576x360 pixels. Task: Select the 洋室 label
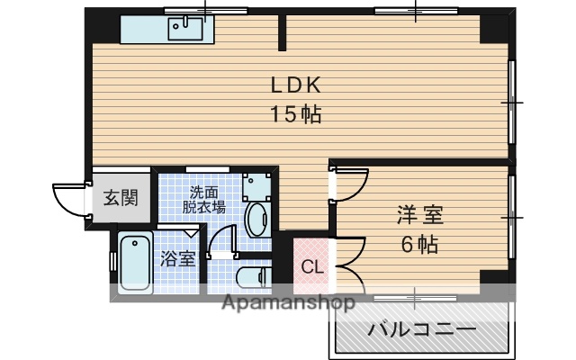(x=420, y=217)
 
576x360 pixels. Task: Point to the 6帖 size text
(x=419, y=244)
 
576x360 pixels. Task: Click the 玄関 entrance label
(x=119, y=199)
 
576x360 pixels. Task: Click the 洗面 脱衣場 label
(x=204, y=199)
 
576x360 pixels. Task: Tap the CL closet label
(x=311, y=266)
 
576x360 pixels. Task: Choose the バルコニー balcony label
(x=421, y=329)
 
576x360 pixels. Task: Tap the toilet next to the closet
(x=251, y=274)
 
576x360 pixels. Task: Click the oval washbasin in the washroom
(x=256, y=219)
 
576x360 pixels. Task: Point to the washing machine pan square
(x=257, y=184)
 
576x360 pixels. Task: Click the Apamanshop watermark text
(x=278, y=302)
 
